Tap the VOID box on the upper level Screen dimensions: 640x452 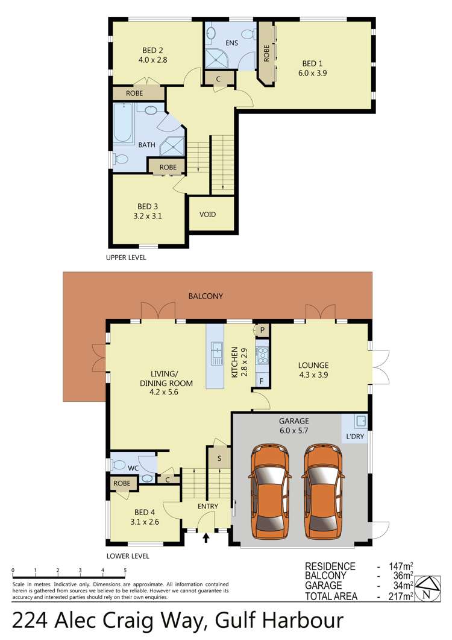[x=209, y=215]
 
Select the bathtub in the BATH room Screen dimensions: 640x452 [x=123, y=124]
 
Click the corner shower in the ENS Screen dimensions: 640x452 [x=215, y=58]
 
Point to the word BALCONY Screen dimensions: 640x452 [x=206, y=296]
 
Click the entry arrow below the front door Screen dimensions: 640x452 [x=207, y=537]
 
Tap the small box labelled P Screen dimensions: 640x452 [x=263, y=331]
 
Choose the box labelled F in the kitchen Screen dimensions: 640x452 [x=262, y=381]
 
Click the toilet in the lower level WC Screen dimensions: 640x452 [x=120, y=464]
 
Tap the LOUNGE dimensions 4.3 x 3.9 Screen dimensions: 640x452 [x=313, y=375]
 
